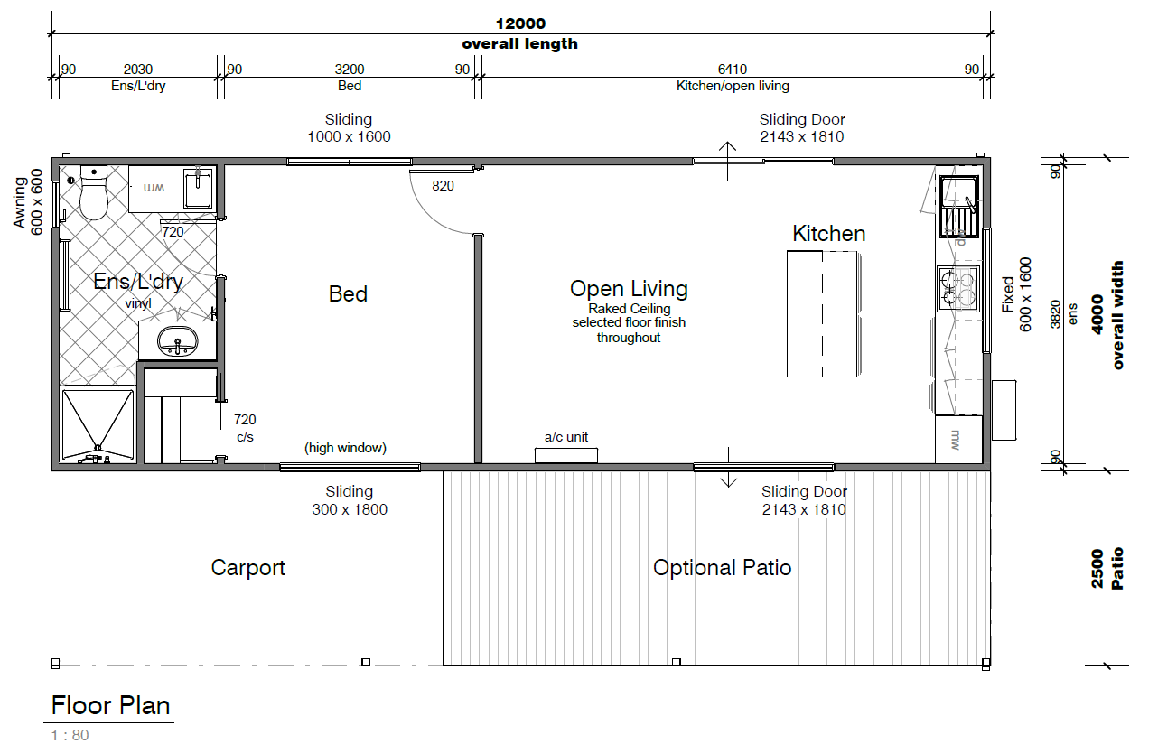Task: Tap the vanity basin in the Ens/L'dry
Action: pos(177,341)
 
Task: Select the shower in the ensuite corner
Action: pos(98,424)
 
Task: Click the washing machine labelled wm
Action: pos(154,189)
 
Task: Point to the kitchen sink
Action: pos(958,207)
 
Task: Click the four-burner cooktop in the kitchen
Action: pos(958,288)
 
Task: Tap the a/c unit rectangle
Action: pos(566,455)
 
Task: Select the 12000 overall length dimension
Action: pos(520,23)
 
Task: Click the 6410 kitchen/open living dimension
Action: pos(733,70)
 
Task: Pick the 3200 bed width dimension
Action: pos(350,70)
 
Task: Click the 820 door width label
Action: pos(443,186)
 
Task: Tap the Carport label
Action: pos(248,568)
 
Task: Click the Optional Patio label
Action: pos(723,568)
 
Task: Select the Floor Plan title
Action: pos(110,706)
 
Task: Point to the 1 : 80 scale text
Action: pos(70,735)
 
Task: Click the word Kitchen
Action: pos(828,234)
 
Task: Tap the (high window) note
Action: pos(345,448)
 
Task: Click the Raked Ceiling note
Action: pos(630,309)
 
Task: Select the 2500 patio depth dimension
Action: pos(1097,568)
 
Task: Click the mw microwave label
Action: pos(955,440)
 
